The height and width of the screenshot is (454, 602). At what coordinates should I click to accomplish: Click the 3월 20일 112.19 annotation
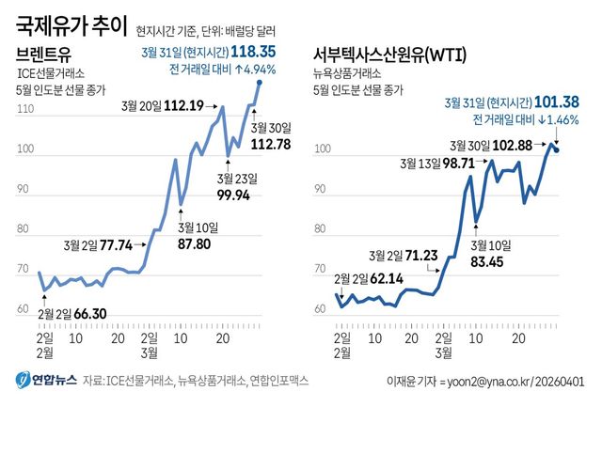coord(168,106)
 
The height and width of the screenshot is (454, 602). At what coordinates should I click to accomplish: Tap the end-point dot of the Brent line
coord(260,84)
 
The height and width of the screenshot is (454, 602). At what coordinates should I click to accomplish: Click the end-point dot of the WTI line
coord(557,149)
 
